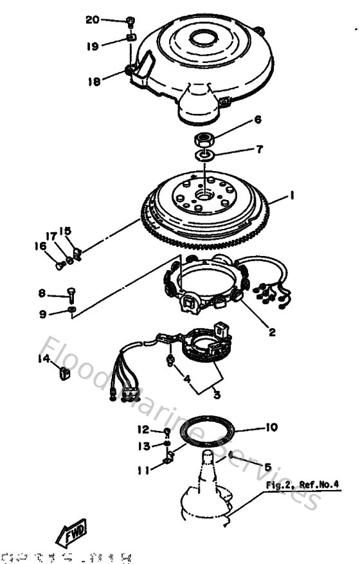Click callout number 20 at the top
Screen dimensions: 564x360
[x=93, y=20]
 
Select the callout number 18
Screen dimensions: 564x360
[x=94, y=81]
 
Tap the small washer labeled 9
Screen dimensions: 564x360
[x=72, y=312]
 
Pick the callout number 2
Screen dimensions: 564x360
[x=272, y=332]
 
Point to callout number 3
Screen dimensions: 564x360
[x=199, y=394]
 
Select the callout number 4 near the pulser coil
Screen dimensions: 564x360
[x=188, y=379]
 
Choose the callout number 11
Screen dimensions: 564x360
[x=143, y=470]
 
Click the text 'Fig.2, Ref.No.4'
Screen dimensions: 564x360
[x=301, y=485]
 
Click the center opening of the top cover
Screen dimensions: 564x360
[x=205, y=37]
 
